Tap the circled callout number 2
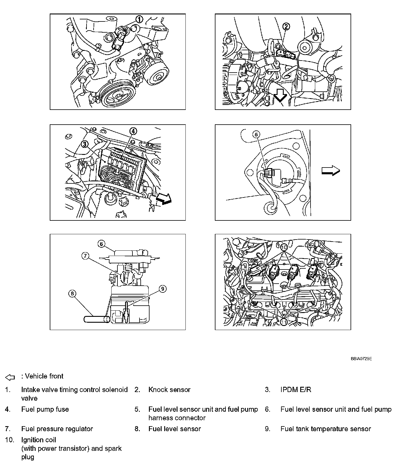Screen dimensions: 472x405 (286, 26)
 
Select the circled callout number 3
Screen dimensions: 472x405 (84, 144)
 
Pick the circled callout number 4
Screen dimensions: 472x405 (133, 131)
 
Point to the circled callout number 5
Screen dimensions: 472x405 (256, 134)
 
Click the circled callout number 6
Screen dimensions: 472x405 (101, 244)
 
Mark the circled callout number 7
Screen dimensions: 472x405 (85, 256)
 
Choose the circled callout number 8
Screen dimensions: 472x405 (72, 293)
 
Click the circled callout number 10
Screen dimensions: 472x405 (284, 247)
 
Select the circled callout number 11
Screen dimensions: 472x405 (283, 322)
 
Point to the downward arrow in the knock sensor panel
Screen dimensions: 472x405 (280, 96)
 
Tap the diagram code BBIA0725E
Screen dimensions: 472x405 (361, 359)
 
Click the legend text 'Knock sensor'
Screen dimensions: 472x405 (169, 390)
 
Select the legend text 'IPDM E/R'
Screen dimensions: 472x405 (296, 390)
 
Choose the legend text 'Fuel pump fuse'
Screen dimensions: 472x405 (45, 409)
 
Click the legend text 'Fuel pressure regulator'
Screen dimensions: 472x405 (57, 429)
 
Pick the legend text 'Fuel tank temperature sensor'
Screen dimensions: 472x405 (326, 429)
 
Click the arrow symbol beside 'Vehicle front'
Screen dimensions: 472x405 (10, 377)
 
